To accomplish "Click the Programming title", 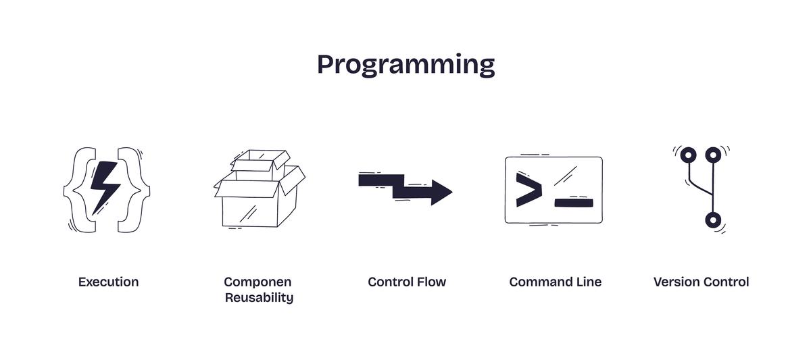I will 405,65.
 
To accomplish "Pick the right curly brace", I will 135,190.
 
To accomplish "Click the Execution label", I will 108,282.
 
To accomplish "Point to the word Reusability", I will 259,298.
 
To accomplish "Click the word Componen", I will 257,282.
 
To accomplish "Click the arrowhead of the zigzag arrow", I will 441,192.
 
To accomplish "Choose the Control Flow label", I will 407,282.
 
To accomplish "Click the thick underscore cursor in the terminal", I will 574,202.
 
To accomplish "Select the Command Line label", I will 555,282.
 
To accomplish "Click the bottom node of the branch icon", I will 713,220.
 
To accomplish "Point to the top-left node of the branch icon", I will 688,155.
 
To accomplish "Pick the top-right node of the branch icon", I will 712,155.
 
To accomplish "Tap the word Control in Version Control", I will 727,282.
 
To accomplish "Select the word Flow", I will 431,282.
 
